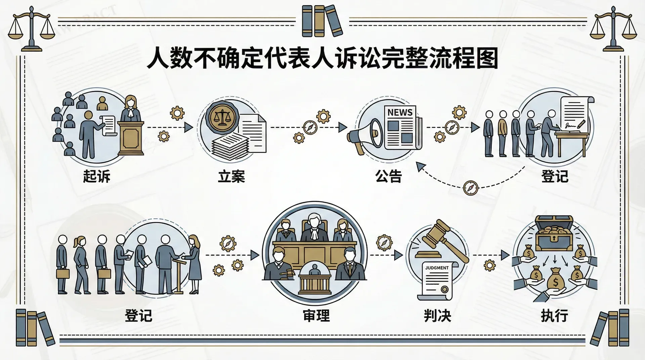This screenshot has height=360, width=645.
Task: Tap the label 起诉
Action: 97,176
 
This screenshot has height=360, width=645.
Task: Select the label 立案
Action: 231,177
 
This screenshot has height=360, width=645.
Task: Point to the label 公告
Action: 389,176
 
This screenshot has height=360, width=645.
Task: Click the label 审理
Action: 316,316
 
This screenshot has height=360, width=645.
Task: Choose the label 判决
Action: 437,316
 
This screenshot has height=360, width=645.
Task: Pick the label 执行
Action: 554,316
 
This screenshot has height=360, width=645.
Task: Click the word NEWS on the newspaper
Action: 400,112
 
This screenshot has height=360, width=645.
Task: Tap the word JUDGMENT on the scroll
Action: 437,268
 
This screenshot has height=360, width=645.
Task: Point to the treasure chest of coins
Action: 554,233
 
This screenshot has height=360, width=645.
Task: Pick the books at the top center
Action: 322,21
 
